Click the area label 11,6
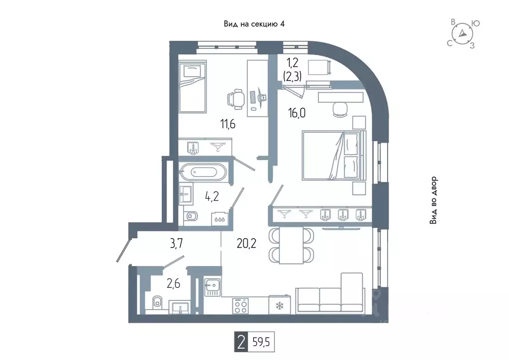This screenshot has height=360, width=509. pyautogui.click(x=228, y=124)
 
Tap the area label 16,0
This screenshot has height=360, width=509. pyautogui.click(x=297, y=113)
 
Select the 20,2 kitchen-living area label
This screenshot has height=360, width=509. pyautogui.click(x=246, y=243)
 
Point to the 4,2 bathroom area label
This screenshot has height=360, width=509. pyautogui.click(x=211, y=196)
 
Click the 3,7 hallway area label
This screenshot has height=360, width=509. pyautogui.click(x=176, y=243)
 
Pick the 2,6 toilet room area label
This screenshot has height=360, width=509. pyautogui.click(x=173, y=284)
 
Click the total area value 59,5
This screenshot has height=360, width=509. pyautogui.click(x=261, y=342)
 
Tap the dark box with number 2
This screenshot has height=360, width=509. pyautogui.click(x=241, y=342)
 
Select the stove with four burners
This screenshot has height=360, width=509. pyautogui.click(x=240, y=306)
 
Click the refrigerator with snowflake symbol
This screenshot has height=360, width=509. pyautogui.click(x=279, y=305)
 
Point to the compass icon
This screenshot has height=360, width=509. pyautogui.click(x=462, y=34)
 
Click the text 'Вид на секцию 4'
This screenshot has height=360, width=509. pyautogui.click(x=254, y=24)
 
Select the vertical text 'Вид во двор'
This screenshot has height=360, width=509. pyautogui.click(x=434, y=200)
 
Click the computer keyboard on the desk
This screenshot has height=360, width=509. pyautogui.click(x=253, y=97)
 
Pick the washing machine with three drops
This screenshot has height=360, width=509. pyautogui.click(x=220, y=219)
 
